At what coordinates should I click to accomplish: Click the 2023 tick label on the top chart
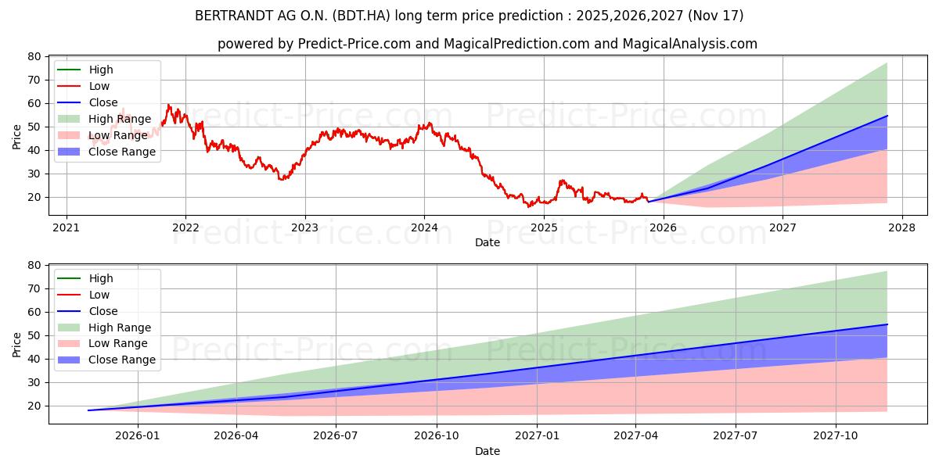[x=305, y=227]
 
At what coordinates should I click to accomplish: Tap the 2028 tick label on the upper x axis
[x=902, y=227]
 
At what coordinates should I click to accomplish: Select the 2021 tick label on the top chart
[x=67, y=227]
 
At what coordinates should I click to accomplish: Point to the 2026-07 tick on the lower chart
[x=336, y=436]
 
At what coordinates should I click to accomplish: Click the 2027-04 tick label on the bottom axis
[x=635, y=436]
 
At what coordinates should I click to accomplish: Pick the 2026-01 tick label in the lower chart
[x=138, y=436]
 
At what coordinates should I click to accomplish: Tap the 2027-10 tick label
[x=836, y=436]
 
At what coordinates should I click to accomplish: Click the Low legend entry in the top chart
[x=99, y=86]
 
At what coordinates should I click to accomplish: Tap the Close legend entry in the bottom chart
[x=103, y=311]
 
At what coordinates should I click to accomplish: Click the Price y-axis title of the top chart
[x=17, y=136]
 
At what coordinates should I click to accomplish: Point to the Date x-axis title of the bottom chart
[x=487, y=451]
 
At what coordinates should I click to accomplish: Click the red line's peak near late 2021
[x=167, y=105]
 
